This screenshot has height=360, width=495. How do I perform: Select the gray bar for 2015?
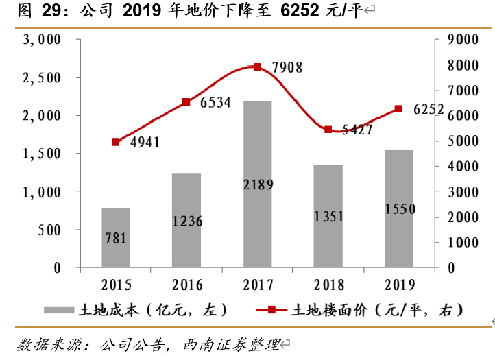click(116, 237)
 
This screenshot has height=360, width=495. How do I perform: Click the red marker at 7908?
click(257, 67)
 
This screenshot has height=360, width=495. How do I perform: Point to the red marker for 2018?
click(328, 130)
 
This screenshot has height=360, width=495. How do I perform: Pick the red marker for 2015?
click(116, 142)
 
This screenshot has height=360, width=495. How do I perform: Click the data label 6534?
click(215, 103)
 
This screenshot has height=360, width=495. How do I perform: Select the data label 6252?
click(428, 109)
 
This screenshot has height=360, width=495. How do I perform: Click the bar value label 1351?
click(328, 217)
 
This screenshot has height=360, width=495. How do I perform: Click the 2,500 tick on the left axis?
click(43, 78)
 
